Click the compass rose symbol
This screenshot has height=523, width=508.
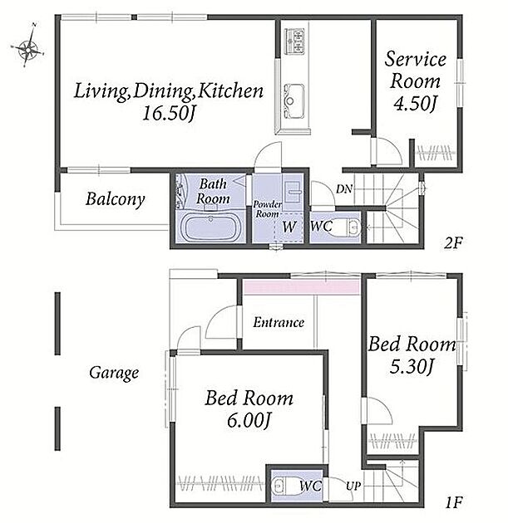[27, 46]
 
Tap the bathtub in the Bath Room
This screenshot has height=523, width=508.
[210, 227]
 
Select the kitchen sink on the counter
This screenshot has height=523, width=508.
[294, 101]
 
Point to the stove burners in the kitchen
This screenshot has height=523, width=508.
[294, 41]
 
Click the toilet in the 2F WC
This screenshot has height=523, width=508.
[347, 227]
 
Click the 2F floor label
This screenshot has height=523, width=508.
[452, 243]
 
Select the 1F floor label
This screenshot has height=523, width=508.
[454, 502]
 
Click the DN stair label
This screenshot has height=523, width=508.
[344, 189]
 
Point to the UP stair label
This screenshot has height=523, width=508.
[353, 486]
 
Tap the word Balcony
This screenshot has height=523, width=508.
[116, 199]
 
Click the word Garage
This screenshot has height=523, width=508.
[114, 373]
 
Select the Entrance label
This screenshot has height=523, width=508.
[279, 322]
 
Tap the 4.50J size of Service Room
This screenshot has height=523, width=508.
[415, 104]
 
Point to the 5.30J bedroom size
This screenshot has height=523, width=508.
[412, 367]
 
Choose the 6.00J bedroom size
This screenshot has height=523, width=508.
[249, 420]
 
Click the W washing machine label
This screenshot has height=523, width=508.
[289, 227]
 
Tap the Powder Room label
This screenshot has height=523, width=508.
[267, 209]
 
